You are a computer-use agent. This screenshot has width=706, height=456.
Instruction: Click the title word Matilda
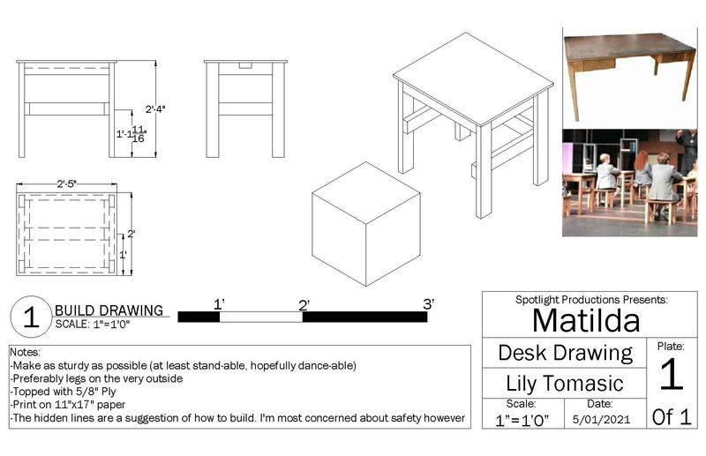click(x=586, y=320)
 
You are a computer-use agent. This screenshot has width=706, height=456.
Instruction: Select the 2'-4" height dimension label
click(x=155, y=109)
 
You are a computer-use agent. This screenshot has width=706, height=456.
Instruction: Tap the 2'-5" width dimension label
click(x=67, y=183)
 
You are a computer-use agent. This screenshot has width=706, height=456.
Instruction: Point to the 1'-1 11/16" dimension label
click(x=131, y=134)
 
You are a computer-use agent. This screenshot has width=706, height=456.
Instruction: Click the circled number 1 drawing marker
click(x=31, y=317)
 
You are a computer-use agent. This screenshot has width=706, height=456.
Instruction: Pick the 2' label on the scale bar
click(x=304, y=306)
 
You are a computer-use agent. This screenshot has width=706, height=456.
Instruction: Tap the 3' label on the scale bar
click(x=429, y=304)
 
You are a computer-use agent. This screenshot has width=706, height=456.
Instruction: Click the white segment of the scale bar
click(x=260, y=317)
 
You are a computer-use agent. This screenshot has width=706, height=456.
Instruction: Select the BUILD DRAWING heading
click(x=109, y=310)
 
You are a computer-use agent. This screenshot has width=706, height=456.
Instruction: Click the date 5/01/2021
click(x=601, y=420)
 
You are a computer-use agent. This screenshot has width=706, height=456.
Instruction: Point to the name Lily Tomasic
click(x=565, y=384)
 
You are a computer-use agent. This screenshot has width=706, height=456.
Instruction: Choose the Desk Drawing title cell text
click(x=566, y=353)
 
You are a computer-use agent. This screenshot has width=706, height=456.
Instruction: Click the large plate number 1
click(x=672, y=374)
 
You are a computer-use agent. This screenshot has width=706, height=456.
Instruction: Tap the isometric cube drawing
click(x=366, y=224)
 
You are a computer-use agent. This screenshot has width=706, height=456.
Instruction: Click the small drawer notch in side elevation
click(x=245, y=66)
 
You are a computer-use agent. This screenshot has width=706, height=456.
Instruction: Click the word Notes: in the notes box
click(x=26, y=352)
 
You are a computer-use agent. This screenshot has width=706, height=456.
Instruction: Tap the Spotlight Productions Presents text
click(x=591, y=299)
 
